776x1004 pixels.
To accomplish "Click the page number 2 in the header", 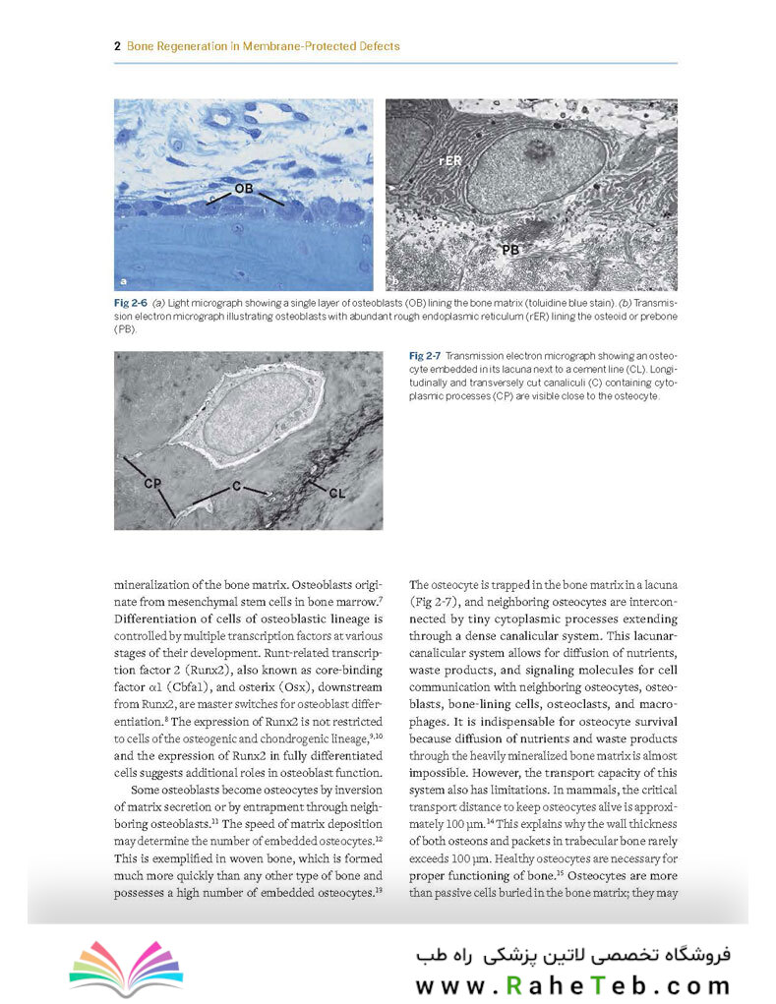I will point(117,45).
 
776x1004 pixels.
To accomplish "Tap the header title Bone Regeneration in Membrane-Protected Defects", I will point(263,45).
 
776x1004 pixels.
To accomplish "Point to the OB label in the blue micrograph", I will point(244,187).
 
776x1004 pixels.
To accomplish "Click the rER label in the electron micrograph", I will point(451,158).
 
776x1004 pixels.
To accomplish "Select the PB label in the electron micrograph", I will point(509,251).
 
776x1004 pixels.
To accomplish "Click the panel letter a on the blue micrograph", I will point(123,280).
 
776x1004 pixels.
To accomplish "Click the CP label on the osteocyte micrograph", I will point(152,484).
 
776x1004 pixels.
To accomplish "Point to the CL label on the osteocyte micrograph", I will point(337,492).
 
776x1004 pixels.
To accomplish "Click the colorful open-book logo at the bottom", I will point(113,969).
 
